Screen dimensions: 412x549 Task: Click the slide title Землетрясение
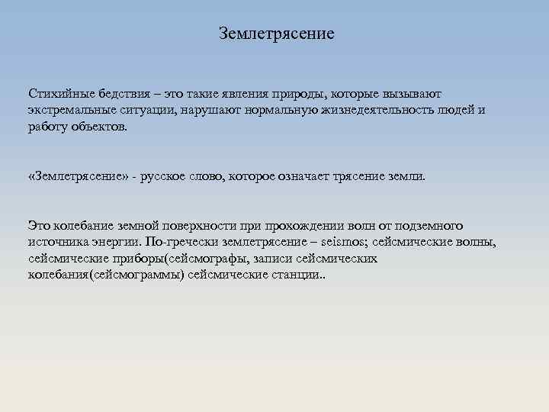click(276, 34)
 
